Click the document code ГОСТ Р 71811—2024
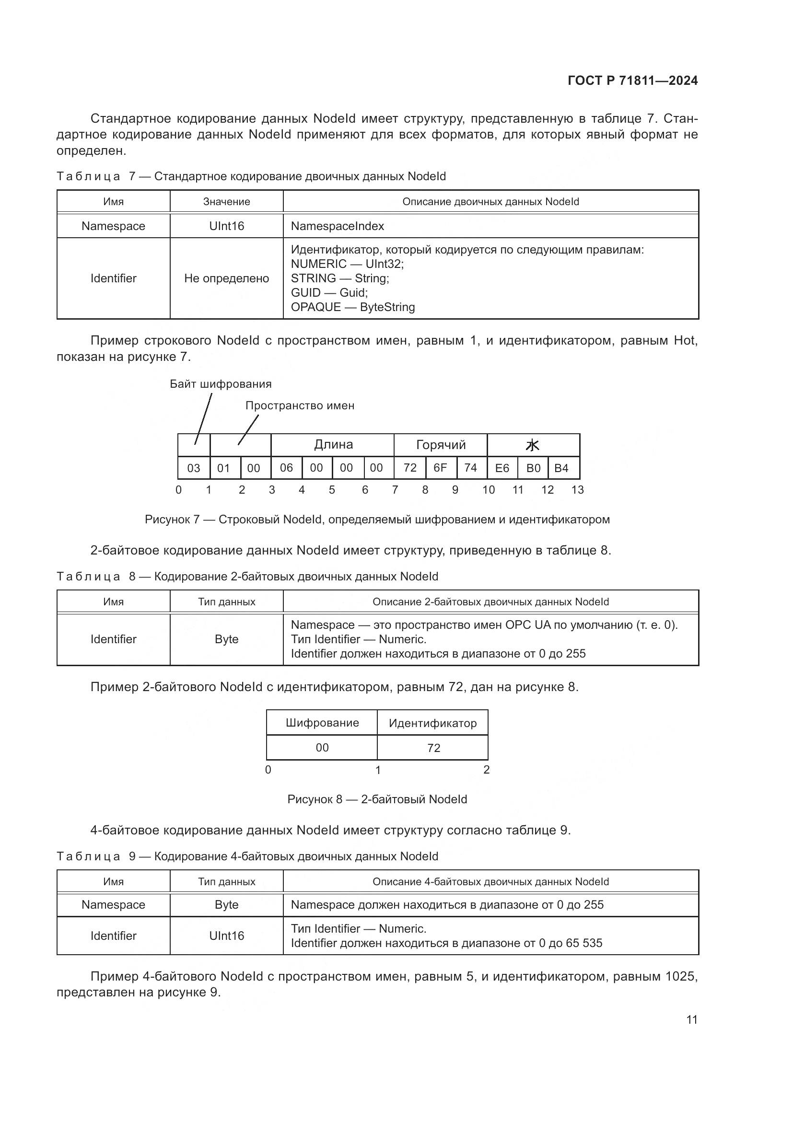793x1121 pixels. point(632,81)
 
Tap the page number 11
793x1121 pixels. point(691,1019)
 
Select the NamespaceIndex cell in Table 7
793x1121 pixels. point(338,226)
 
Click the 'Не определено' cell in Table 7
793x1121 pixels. point(227,278)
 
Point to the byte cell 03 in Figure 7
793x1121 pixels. point(194,468)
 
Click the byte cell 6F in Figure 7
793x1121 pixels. point(440,468)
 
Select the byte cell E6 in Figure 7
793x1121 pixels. point(502,468)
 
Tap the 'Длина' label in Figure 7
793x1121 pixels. point(333,445)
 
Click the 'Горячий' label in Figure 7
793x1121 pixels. point(441,445)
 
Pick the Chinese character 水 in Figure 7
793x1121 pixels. point(532,445)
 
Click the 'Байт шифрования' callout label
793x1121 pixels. point(221,384)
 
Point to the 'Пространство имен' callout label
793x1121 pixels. point(300,406)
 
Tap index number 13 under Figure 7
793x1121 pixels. point(577,490)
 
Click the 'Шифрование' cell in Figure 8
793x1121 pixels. point(322,723)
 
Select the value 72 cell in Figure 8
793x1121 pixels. point(433,748)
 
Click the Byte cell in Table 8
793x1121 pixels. point(227,639)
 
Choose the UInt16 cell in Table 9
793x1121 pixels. point(227,936)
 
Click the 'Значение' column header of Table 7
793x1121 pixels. point(227,202)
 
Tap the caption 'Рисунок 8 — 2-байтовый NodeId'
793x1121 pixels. point(377,799)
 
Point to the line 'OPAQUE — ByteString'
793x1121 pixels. point(352,307)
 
